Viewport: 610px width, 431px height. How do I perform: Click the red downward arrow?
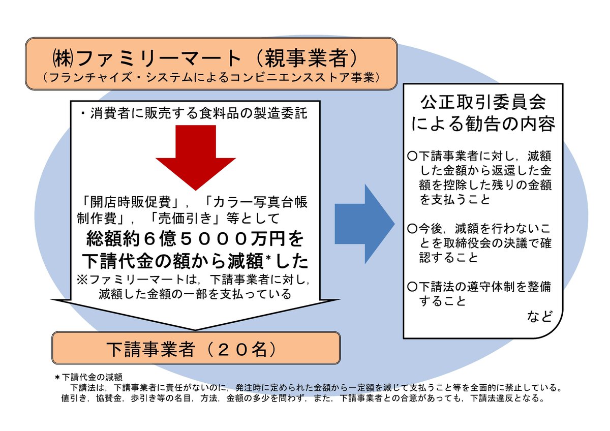tap(196, 152)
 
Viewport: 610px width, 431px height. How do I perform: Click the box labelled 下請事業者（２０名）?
tap(196, 348)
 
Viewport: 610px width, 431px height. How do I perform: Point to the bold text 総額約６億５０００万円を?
tap(196, 238)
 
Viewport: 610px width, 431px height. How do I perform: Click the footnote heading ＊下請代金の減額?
tap(88, 377)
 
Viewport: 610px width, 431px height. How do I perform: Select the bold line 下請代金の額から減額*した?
tap(196, 261)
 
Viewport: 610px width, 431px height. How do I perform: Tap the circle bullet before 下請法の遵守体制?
tap(412, 286)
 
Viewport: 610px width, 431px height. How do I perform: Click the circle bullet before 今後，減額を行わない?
tap(412, 228)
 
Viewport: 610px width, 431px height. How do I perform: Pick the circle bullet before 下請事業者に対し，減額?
tap(412, 154)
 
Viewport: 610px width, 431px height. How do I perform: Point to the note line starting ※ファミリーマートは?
tap(196, 279)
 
